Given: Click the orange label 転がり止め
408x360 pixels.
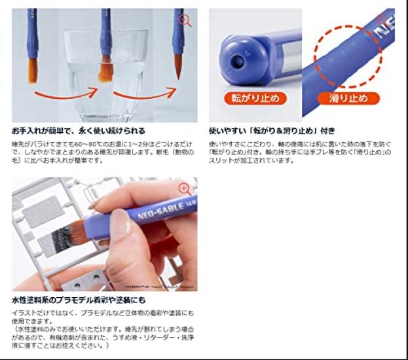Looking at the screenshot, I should [x=246, y=99].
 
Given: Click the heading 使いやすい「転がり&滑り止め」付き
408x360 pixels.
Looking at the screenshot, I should [x=272, y=130].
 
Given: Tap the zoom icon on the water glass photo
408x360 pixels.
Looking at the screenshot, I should [x=185, y=20].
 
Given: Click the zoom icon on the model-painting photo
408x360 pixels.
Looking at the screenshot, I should [x=185, y=189].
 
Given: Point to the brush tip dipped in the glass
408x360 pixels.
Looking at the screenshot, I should [x=104, y=68].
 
